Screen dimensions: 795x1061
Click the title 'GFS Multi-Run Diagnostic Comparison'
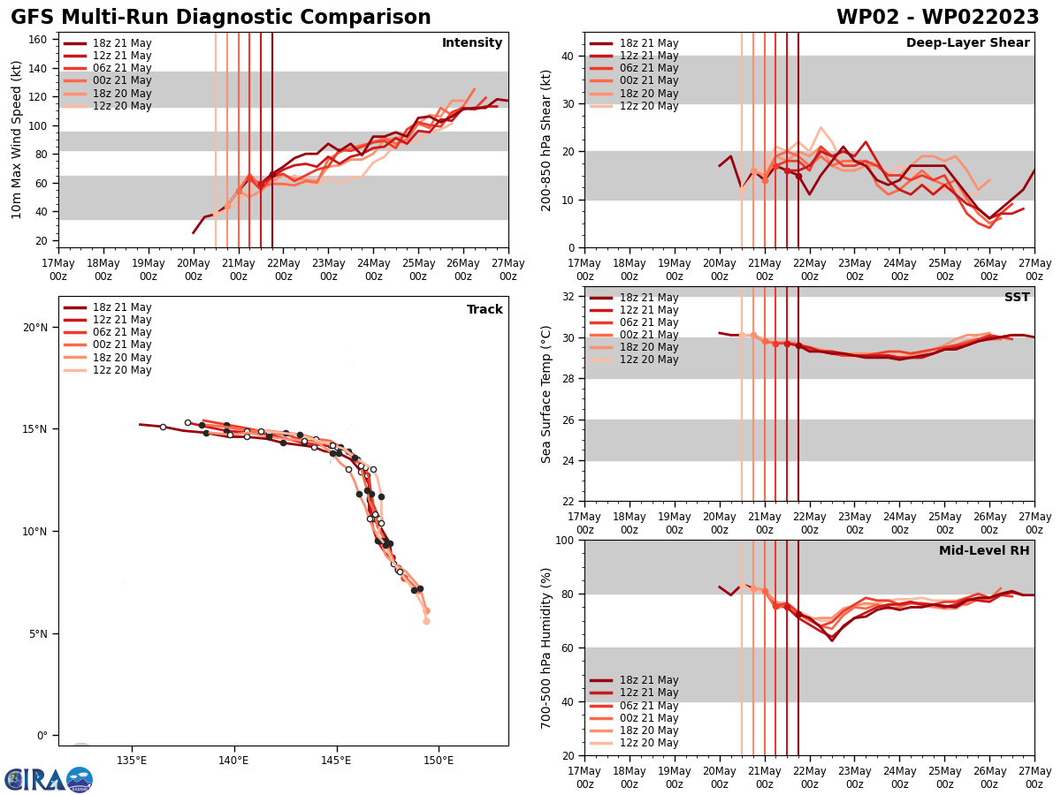click(x=221, y=18)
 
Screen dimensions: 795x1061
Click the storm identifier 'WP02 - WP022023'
click(x=937, y=18)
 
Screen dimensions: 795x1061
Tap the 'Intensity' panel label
click(x=472, y=43)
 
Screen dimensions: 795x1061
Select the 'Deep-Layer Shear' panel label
click(x=967, y=43)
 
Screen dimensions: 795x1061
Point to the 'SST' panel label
click(x=1016, y=298)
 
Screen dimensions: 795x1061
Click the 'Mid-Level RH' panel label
click(x=984, y=551)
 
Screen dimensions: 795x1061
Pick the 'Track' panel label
click(x=485, y=310)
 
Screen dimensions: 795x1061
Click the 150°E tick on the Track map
click(x=439, y=760)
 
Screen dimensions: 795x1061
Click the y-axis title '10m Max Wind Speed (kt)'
click(x=17, y=140)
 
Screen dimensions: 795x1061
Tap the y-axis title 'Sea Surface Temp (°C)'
click(x=547, y=394)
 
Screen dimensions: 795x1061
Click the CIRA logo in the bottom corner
click(x=49, y=779)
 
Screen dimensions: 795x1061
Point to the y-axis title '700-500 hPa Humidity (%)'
click(x=547, y=647)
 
